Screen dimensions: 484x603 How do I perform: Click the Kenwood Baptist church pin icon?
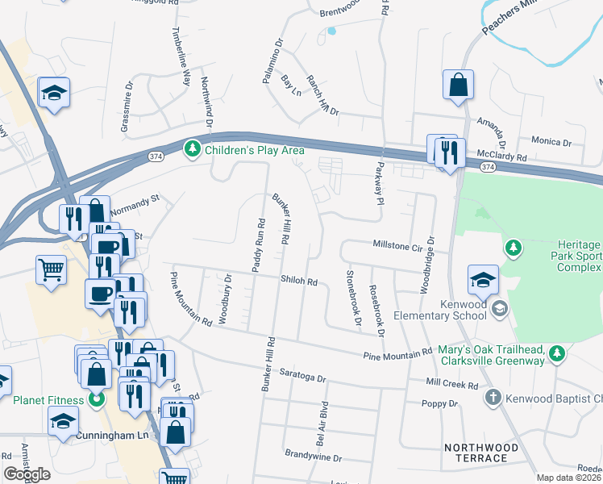pyautogui.click(x=494, y=398)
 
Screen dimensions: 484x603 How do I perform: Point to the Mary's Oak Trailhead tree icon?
pyautogui.click(x=555, y=353)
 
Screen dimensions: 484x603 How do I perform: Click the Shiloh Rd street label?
pyautogui.click(x=299, y=282)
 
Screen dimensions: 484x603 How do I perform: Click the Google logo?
pyautogui.click(x=27, y=474)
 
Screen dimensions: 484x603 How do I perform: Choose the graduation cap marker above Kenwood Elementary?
pyautogui.click(x=482, y=279)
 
